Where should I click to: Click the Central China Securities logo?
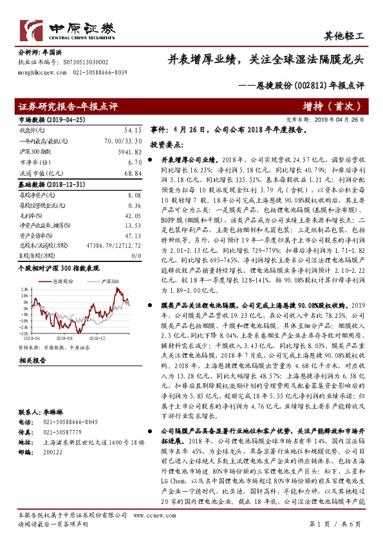click(x=67, y=28)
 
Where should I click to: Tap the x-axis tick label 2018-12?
click(x=97, y=336)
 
